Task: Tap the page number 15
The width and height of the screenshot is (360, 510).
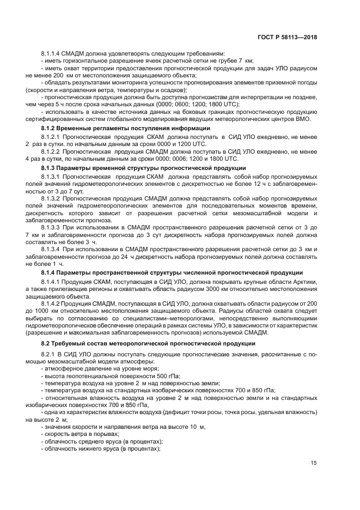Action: [314, 464]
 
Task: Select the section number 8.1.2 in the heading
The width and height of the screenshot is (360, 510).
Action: [50, 127]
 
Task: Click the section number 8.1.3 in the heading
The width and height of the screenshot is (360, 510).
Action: [50, 168]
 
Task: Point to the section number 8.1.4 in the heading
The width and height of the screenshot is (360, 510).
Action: [50, 272]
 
